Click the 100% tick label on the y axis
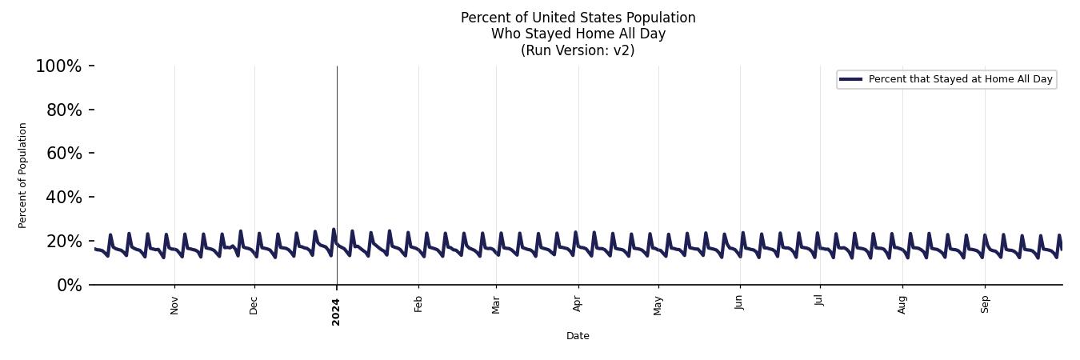pos(58,66)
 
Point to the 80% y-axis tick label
pos(64,110)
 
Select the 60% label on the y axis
pos(64,154)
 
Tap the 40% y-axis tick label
pos(64,198)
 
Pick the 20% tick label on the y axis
pos(64,242)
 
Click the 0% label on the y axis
pos(70,286)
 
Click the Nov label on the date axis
pos(174,305)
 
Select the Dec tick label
pos(254,305)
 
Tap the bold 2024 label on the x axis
pos(336,311)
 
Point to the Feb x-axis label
pos(418,305)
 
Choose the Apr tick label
pos(578,305)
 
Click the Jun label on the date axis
pos(739,302)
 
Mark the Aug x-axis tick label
pos(902,305)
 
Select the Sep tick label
pos(985,305)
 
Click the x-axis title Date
pos(578,336)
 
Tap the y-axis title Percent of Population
pos(23,175)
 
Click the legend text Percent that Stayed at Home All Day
pos(960,79)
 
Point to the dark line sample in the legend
pos(850,79)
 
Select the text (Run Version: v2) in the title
pos(578,50)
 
